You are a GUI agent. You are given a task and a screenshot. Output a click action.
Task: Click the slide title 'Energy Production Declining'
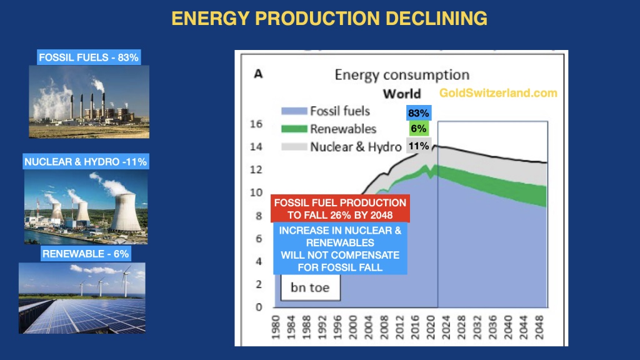pos(329,18)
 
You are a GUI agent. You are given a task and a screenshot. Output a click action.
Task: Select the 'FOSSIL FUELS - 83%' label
pos(89,57)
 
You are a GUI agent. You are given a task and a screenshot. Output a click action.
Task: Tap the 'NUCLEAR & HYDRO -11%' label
pos(86,162)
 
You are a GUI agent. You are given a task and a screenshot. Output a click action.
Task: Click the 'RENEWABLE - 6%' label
pos(86,254)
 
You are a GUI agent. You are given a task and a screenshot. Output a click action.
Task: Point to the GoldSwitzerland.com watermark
pos(498,92)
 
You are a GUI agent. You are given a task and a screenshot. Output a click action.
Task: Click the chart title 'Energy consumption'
pos(402,75)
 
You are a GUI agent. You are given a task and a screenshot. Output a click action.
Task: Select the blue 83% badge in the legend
pos(418,113)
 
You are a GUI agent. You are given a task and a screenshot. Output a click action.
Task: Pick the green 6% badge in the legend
pos(418,129)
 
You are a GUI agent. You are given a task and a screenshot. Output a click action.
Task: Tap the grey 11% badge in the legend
pos(418,146)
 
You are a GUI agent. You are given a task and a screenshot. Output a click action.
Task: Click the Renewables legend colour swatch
pos(293,129)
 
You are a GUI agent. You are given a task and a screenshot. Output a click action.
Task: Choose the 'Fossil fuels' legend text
pos(340,111)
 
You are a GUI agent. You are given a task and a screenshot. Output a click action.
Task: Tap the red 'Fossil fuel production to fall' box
pos(341,209)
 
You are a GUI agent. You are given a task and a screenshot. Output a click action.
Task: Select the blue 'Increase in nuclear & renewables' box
pos(341,249)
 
